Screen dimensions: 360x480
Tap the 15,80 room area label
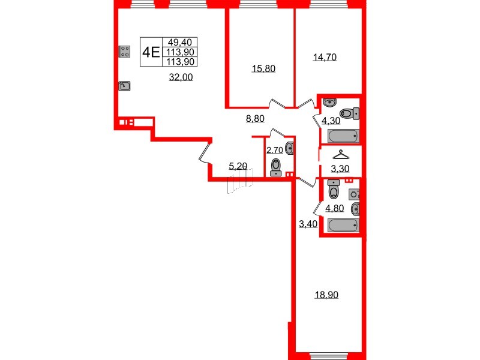click(263, 69)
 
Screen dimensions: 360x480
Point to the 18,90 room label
click(328, 295)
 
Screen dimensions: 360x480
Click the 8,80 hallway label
click(256, 119)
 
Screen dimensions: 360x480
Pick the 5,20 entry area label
click(238, 166)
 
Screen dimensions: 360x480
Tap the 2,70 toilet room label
click(275, 150)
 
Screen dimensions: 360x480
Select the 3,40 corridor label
click(308, 225)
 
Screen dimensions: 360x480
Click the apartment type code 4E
click(151, 51)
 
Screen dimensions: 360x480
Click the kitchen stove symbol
click(125, 52)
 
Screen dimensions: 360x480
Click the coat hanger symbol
click(340, 154)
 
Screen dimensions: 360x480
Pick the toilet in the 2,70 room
click(277, 166)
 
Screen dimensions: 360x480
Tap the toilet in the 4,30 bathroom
click(349, 113)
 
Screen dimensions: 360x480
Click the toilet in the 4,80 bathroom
click(334, 191)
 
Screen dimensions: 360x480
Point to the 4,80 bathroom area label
click(334, 209)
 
